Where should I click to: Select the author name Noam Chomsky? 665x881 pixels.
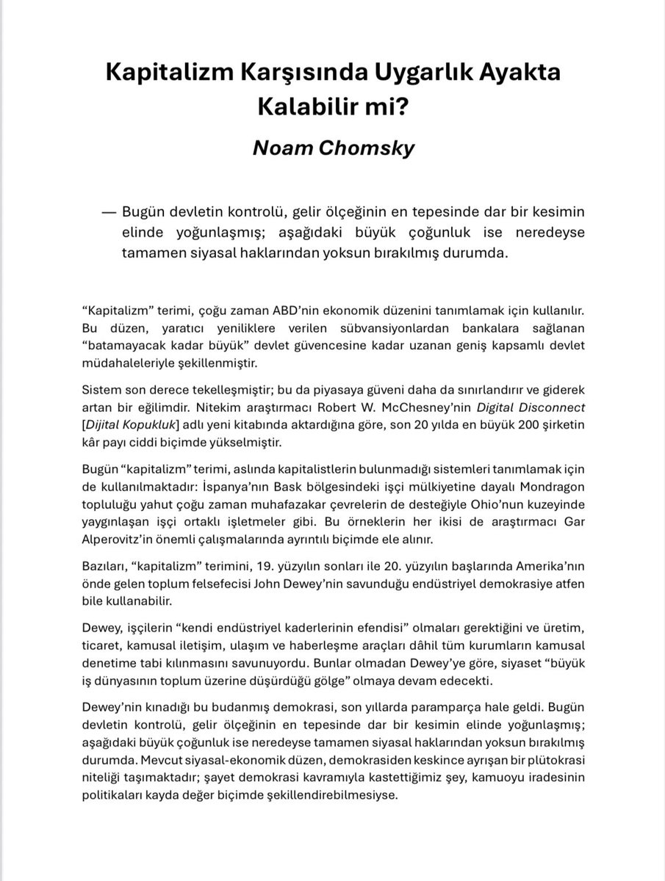334,147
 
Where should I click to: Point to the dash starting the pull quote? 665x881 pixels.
110,212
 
